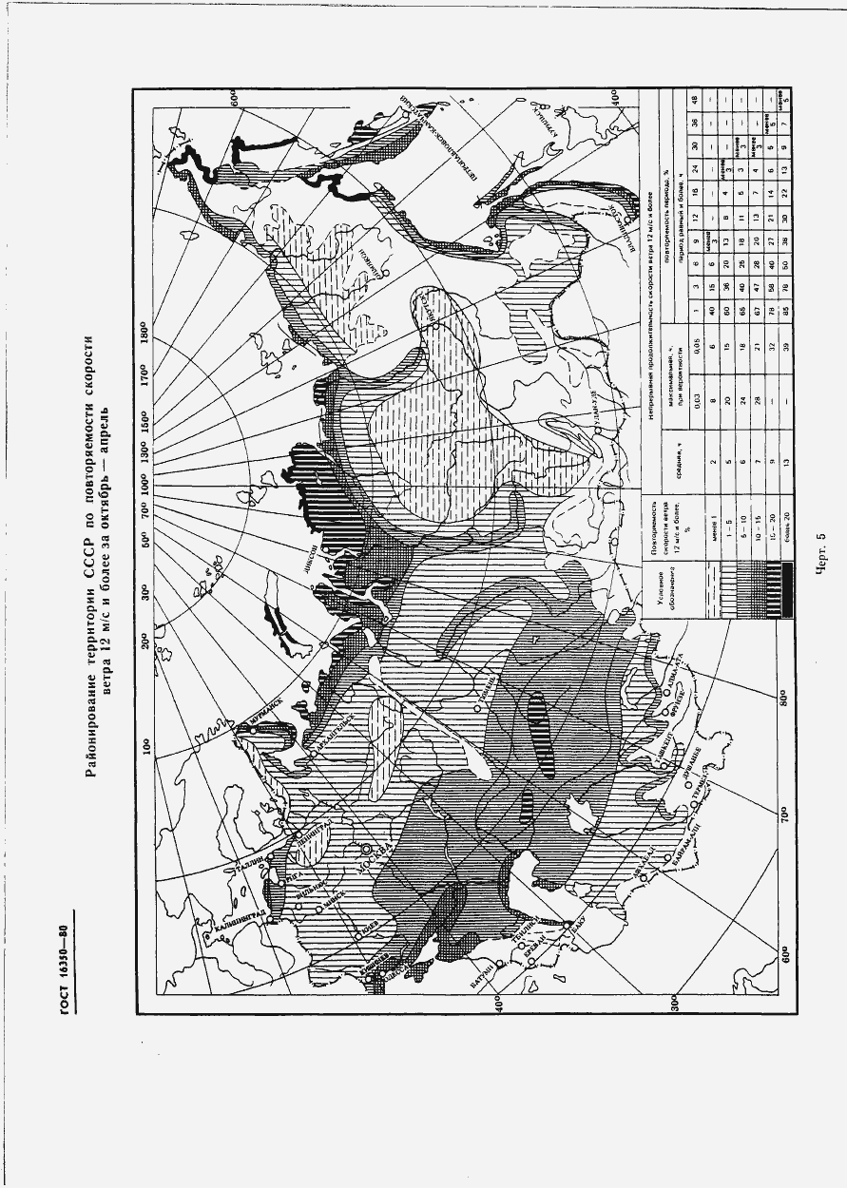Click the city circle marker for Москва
click(365, 848)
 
